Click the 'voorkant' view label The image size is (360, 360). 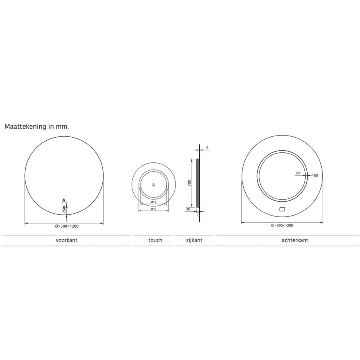(x=66, y=240)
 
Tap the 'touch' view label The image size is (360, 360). (x=155, y=240)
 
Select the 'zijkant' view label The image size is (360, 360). (x=194, y=240)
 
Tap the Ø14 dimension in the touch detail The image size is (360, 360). (x=153, y=202)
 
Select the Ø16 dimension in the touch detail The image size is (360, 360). (x=153, y=209)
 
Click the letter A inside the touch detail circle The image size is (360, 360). (x=154, y=185)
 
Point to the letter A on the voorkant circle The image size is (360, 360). (x=63, y=200)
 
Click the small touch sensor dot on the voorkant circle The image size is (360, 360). (x=64, y=206)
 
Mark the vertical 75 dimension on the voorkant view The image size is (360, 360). (x=63, y=210)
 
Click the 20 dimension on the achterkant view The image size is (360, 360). (x=297, y=173)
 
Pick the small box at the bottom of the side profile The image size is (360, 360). (x=198, y=214)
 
